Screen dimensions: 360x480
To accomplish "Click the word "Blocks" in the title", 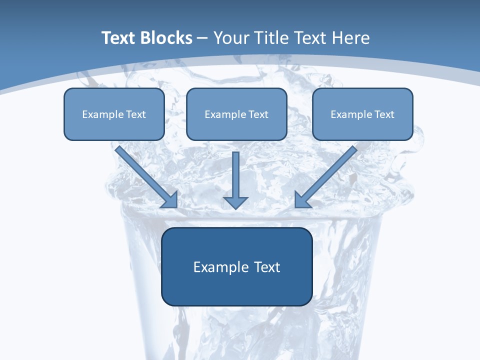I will coord(166,38).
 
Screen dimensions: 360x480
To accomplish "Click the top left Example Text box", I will coord(114,114).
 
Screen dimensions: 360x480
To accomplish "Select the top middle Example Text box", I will coord(236,114).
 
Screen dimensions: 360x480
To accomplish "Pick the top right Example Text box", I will coord(362,114).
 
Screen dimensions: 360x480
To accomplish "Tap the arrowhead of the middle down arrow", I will coord(235,202).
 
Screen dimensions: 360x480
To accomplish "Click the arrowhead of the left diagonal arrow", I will coord(170,199).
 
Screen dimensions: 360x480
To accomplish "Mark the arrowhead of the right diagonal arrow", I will coord(302,199).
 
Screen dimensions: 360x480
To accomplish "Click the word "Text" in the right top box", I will coord(384,114).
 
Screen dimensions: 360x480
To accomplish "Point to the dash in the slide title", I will coord(202,38).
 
